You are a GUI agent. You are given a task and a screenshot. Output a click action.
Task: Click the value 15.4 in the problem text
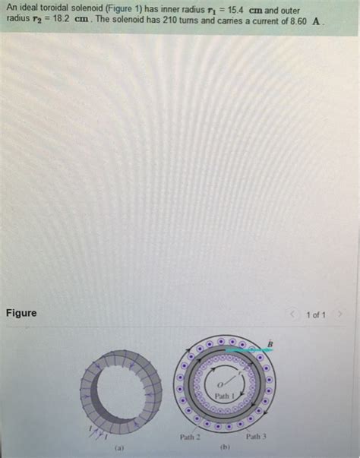[235, 10]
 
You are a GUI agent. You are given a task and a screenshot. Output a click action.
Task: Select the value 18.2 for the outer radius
[61, 19]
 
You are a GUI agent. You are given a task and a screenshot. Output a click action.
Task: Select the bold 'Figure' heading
[21, 313]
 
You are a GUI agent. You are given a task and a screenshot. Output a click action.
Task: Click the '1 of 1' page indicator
[316, 315]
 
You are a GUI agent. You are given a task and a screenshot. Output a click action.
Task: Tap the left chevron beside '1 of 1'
[292, 314]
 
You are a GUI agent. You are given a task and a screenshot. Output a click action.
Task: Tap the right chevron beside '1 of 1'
[339, 314]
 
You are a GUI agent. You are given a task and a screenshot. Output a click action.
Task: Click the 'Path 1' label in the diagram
[225, 396]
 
